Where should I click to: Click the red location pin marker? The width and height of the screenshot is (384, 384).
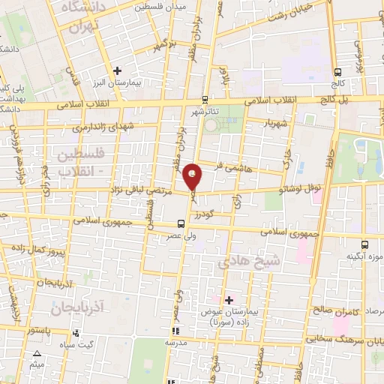click(193, 176)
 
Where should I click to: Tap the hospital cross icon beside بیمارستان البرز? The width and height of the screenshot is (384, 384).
click(117, 71)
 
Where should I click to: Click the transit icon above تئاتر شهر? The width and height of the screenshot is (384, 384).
click(205, 99)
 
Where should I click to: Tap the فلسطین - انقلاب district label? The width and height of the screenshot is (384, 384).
click(80, 162)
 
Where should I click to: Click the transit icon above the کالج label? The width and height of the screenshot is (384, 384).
click(337, 73)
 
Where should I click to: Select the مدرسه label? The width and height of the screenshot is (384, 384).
click(177, 342)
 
